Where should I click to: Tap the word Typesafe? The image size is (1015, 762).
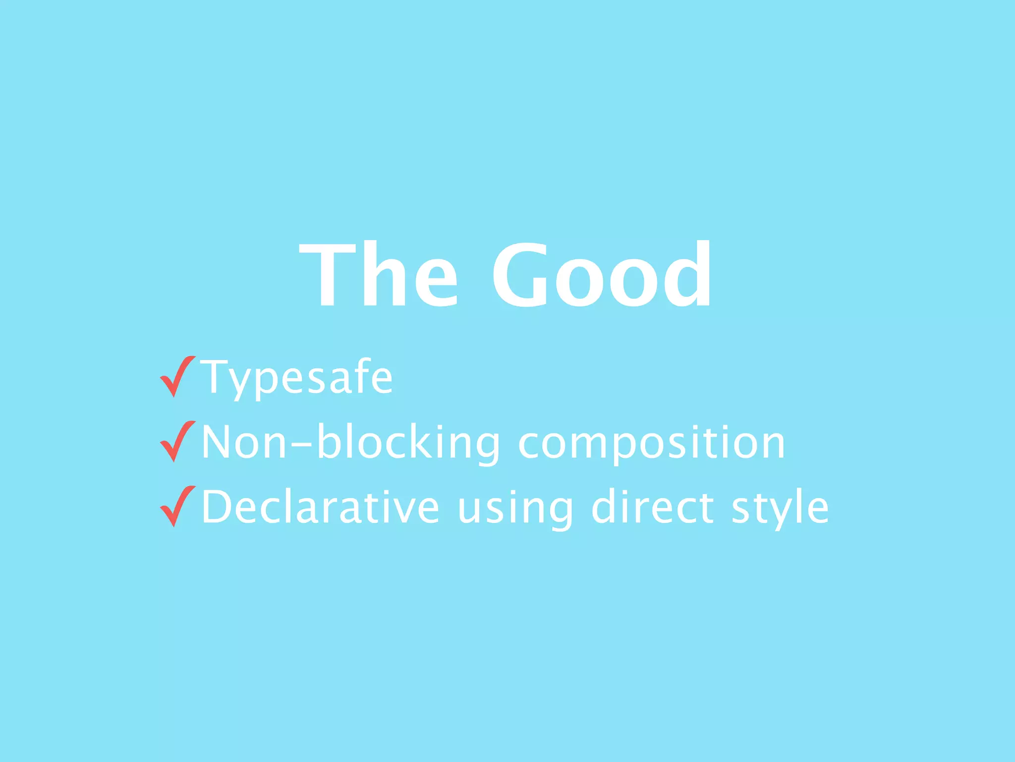coord(296,378)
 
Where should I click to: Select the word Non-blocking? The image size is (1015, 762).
coord(351,443)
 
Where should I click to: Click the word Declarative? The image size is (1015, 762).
coord(321,507)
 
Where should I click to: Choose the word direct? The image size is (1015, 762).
coord(653,507)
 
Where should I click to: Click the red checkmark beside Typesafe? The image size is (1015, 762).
coord(177,377)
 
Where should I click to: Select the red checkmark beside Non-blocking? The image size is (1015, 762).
coord(177,442)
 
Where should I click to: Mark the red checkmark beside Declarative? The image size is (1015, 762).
coord(177,506)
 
